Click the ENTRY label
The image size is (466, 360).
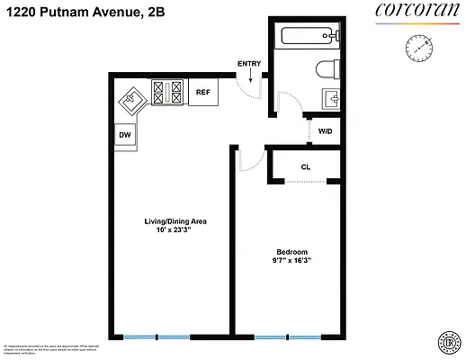248,63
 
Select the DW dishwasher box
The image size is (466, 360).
124,135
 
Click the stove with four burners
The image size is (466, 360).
168,92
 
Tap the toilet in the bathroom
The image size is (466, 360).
325,69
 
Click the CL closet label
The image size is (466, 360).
306,166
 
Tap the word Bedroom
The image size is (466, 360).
292,251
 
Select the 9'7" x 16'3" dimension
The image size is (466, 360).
292,262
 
